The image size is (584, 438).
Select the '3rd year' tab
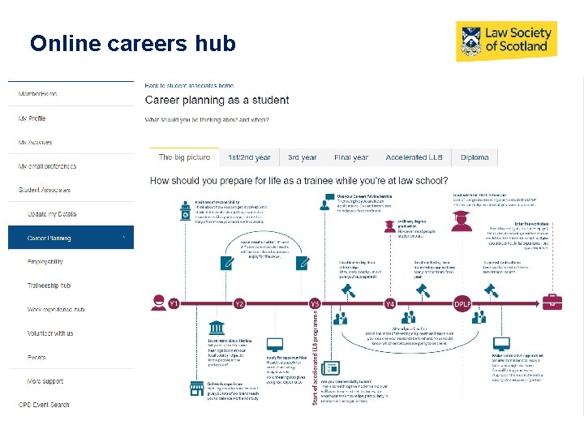[302, 157]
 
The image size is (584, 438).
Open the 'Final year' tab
[350, 157]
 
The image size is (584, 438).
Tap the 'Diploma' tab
[474, 157]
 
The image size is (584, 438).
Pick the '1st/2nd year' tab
[250, 157]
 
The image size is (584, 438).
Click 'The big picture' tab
[184, 157]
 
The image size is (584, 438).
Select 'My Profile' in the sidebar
[32, 118]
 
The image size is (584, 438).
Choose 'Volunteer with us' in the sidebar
[50, 333]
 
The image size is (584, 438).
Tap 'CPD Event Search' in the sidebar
[44, 405]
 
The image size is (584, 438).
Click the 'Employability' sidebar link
[45, 262]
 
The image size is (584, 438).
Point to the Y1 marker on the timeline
[173, 303]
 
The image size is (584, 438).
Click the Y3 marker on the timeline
[315, 303]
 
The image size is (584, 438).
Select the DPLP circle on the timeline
[462, 303]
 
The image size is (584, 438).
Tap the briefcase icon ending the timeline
[552, 303]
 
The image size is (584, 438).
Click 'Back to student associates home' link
[189, 85]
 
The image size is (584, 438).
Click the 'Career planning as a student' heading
[217, 101]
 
